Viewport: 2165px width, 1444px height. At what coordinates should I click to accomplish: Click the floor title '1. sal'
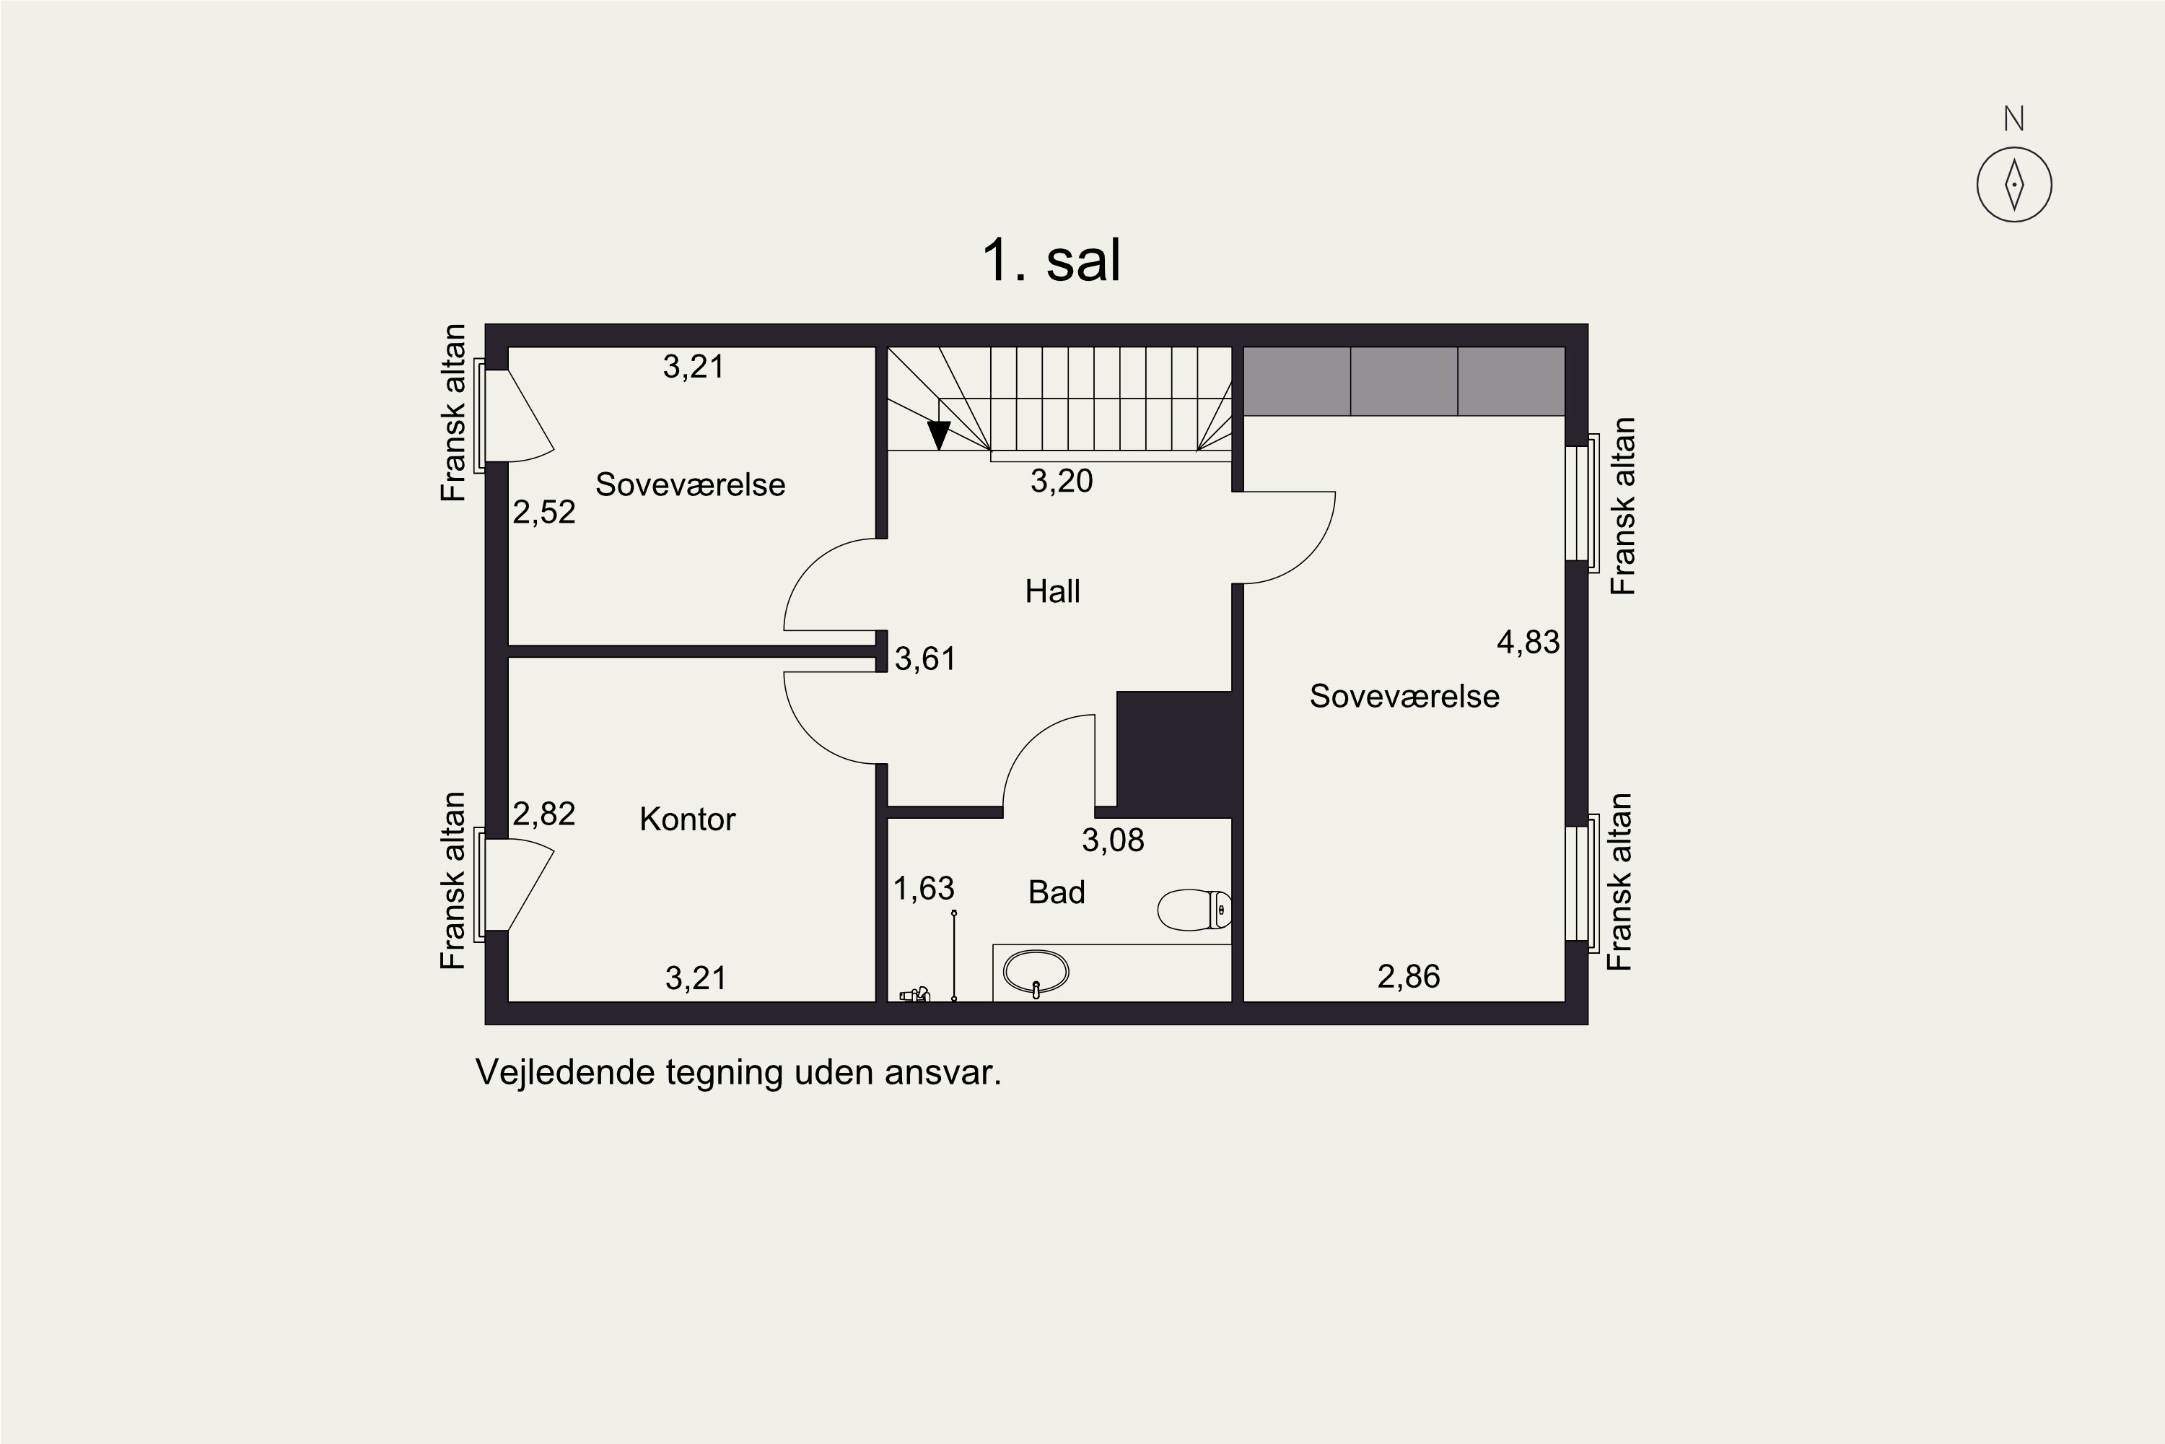tap(1051, 261)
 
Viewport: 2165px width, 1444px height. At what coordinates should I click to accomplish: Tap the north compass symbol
tap(2014, 184)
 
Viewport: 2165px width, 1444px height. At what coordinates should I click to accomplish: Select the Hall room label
tap(1052, 591)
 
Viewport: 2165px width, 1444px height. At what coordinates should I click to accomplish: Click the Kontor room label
tap(688, 819)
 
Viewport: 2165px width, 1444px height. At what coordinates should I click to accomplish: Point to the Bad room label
tap(1057, 892)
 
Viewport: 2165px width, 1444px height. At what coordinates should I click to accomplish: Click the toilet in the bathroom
tap(1193, 910)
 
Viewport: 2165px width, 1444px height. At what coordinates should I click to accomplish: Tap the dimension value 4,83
tap(1528, 642)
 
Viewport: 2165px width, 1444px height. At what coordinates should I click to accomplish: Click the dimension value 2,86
tap(1409, 976)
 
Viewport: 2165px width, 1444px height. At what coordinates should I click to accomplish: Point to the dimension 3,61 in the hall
tap(925, 658)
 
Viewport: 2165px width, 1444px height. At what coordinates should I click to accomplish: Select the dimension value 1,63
tap(924, 889)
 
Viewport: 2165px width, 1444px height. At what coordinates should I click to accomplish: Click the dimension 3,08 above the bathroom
tap(1113, 840)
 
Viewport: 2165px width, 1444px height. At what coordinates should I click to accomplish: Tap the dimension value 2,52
tap(544, 512)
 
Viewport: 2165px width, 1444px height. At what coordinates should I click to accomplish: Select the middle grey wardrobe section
tap(1404, 381)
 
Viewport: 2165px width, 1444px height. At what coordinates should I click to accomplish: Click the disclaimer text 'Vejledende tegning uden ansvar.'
tap(738, 1073)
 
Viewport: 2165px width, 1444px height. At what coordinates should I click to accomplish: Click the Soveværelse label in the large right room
tap(1404, 696)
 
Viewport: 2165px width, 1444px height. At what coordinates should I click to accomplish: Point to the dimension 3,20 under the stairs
tap(1062, 481)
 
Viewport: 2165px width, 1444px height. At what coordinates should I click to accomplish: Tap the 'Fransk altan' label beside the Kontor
tap(453, 880)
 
